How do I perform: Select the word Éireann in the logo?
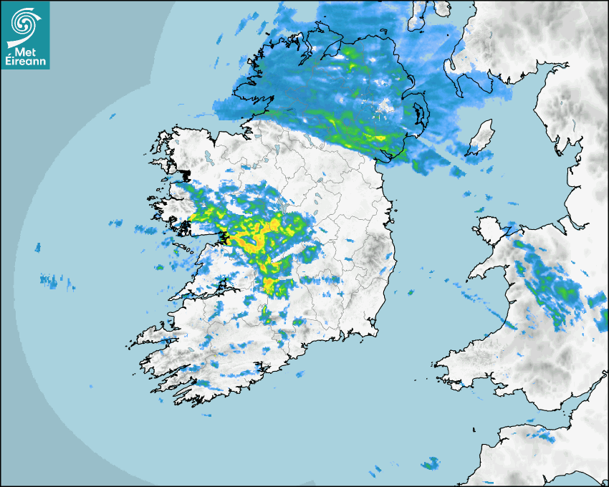point(25,62)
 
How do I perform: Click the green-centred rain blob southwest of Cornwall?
point(429,464)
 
